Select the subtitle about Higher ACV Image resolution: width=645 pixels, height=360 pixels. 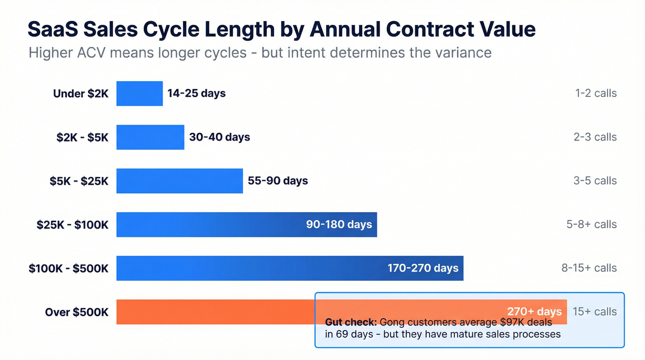260,53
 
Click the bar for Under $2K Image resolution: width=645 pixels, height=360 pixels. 139,94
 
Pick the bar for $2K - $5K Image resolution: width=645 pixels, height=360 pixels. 150,137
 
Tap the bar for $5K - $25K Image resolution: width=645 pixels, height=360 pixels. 179,181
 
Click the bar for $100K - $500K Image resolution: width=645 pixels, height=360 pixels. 249,268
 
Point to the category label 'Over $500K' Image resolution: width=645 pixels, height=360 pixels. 76,312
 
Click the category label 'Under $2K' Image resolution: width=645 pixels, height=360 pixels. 81,94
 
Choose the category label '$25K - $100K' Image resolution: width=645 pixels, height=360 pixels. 72,224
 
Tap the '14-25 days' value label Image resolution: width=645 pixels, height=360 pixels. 196,94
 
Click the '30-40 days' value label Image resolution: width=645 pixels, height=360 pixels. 219,137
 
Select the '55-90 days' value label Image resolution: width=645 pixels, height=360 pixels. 278,181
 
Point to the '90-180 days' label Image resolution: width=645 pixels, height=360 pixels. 339,224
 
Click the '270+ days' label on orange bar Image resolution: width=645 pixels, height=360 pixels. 534,311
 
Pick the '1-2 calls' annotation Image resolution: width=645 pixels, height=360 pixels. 595,94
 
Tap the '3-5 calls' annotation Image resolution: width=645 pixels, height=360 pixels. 595,181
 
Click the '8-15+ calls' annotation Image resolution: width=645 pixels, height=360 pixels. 589,268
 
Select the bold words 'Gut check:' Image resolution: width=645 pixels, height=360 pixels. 351,322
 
